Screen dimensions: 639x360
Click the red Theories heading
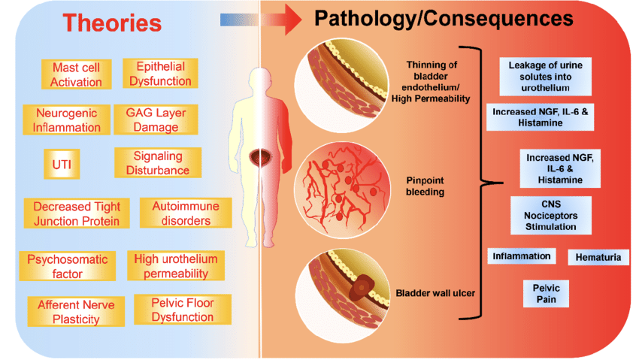click(x=112, y=23)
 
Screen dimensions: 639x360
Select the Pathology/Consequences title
click(x=444, y=18)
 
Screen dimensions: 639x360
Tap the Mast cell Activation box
click(x=76, y=74)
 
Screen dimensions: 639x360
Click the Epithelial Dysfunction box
click(x=160, y=74)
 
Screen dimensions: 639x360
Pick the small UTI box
click(x=62, y=164)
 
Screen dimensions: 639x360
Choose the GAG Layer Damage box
click(x=156, y=119)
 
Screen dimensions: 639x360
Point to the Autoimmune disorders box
click(x=186, y=213)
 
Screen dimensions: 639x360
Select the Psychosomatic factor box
click(x=67, y=266)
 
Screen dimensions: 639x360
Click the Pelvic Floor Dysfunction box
click(x=183, y=310)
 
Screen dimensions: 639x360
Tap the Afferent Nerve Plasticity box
click(x=76, y=312)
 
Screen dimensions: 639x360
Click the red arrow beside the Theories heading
click(x=261, y=20)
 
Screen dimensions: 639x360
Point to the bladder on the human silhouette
click(x=260, y=157)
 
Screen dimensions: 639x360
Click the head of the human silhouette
click(x=260, y=79)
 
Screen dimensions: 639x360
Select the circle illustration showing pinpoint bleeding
click(x=342, y=190)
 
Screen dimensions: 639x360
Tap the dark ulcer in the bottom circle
click(x=361, y=287)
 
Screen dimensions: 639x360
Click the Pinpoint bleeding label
click(x=425, y=186)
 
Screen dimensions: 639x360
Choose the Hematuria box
click(x=598, y=257)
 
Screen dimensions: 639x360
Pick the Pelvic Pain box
click(x=546, y=294)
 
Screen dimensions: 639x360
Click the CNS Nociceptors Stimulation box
click(x=550, y=216)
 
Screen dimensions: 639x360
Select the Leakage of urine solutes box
click(x=545, y=77)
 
